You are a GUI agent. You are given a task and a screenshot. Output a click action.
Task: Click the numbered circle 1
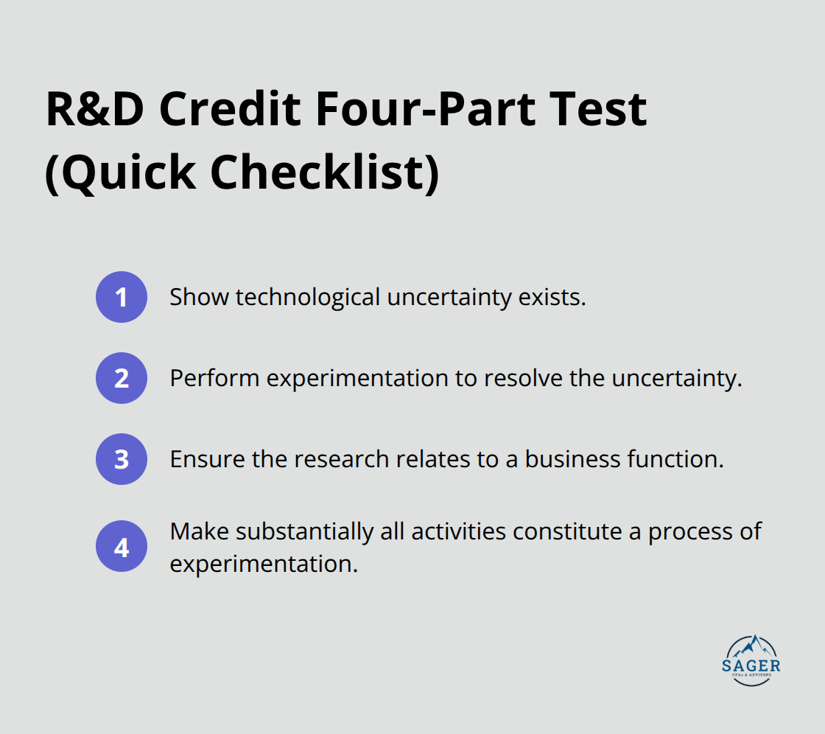point(122,297)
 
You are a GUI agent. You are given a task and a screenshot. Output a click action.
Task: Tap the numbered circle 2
point(122,378)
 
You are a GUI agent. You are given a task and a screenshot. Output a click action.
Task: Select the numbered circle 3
point(122,459)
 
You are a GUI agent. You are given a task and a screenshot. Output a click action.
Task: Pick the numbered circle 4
point(122,548)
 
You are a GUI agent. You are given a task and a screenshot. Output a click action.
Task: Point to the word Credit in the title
point(228,111)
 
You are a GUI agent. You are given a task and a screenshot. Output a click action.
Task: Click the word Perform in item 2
point(214,378)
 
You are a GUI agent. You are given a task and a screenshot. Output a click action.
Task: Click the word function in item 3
point(675,459)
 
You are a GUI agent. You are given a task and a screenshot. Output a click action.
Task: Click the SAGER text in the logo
point(752,665)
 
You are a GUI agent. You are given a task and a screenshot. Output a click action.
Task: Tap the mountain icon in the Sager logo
point(752,646)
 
